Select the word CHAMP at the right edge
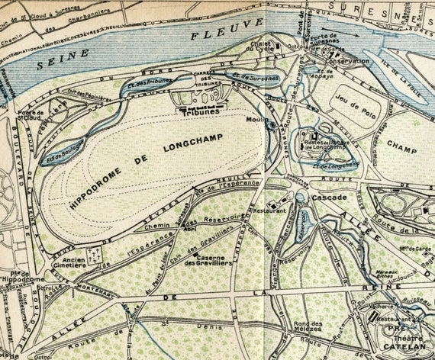tap(401, 143)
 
